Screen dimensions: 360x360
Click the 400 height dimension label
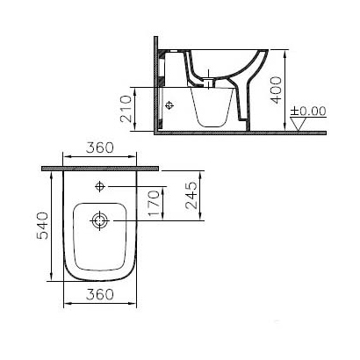coord(276,90)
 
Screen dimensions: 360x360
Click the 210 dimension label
coord(126,108)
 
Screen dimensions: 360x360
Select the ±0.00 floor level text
coord(308,112)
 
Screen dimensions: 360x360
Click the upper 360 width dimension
coord(99,148)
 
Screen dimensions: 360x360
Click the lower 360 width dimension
coord(100,294)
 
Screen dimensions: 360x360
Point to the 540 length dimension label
coord(42,226)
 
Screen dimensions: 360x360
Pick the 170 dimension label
coord(154,203)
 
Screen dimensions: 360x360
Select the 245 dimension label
coord(191,195)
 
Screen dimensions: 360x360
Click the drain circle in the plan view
coord(100,220)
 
